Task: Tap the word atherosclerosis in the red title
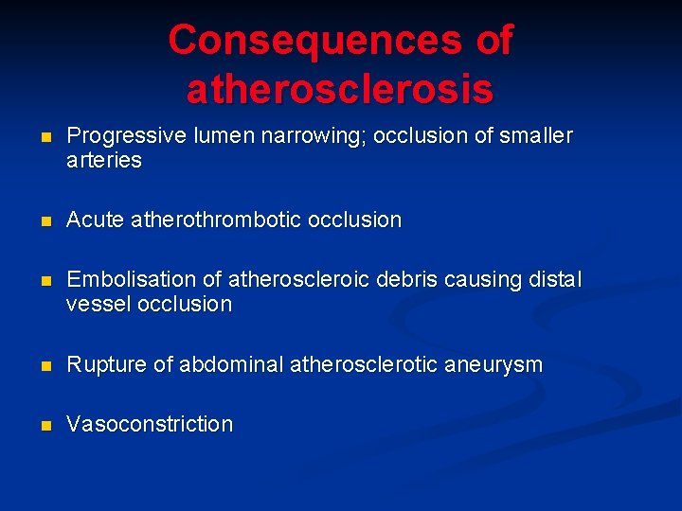click(340, 90)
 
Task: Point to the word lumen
click(217, 136)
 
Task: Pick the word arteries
click(103, 161)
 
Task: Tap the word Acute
click(95, 220)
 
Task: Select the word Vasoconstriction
click(149, 424)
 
